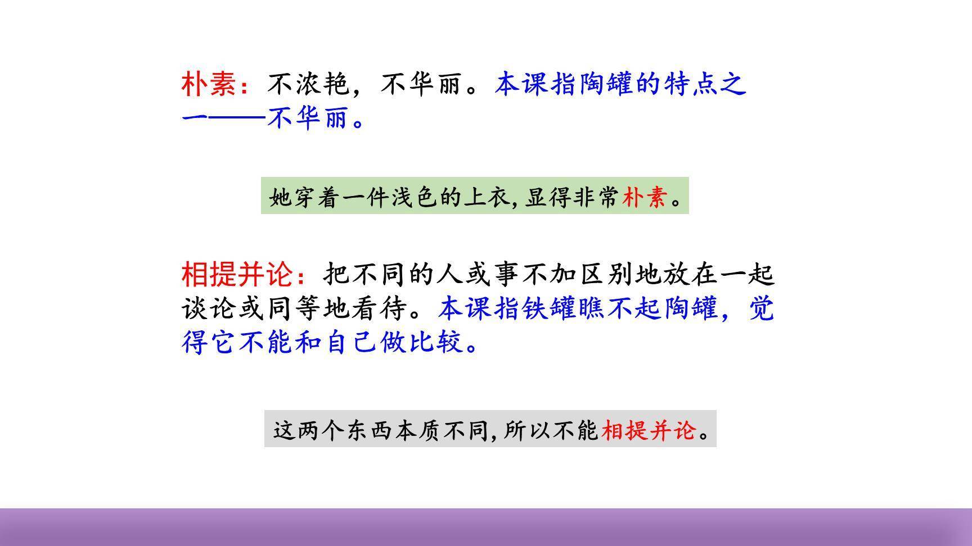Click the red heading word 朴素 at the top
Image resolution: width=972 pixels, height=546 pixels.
(209, 85)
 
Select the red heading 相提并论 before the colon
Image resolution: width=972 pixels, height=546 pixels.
(237, 275)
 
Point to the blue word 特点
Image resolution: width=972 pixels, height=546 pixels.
(692, 85)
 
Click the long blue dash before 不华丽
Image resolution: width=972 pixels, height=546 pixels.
(236, 119)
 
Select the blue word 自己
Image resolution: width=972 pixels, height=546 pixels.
(351, 342)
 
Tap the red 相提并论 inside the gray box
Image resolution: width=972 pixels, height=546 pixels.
(649, 431)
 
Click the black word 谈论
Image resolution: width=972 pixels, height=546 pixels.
(209, 308)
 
